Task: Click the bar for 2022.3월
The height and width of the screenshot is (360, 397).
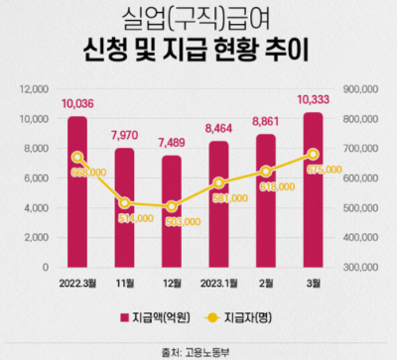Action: pyautogui.click(x=77, y=192)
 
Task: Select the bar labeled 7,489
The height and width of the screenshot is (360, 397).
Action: pyautogui.click(x=172, y=211)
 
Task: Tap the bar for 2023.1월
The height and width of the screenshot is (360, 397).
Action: pyautogui.click(x=219, y=204)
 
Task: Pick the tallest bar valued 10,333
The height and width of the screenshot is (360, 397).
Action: pyautogui.click(x=314, y=190)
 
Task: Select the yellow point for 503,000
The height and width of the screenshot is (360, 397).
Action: pyautogui.click(x=172, y=207)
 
